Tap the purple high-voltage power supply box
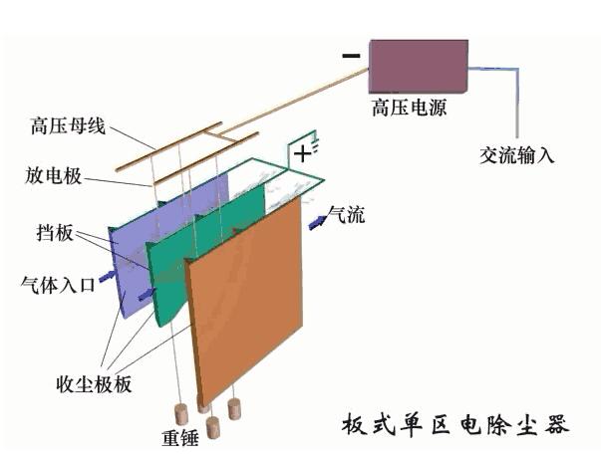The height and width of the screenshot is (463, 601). tap(419, 66)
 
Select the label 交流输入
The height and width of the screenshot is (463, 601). tap(517, 155)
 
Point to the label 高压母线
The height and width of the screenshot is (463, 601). tap(67, 127)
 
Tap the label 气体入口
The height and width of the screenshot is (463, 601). tap(58, 285)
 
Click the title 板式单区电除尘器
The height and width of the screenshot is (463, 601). tap(454, 424)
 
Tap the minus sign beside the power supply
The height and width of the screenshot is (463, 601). tap(350, 56)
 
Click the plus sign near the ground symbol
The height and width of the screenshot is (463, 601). tap(301, 152)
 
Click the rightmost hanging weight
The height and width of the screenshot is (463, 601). tap(236, 408)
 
